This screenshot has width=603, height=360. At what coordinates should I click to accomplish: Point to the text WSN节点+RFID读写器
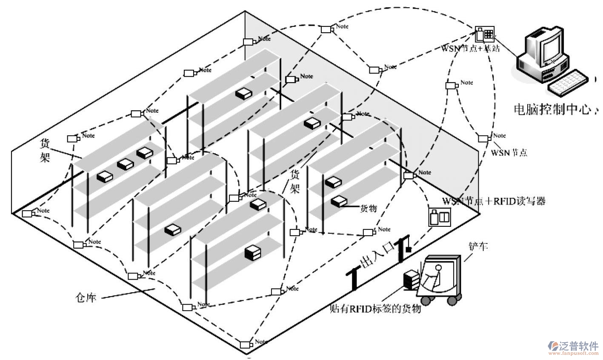tap(494, 201)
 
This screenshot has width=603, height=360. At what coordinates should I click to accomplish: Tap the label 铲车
tap(478, 246)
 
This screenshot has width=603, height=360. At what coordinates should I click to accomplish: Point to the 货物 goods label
tap(369, 209)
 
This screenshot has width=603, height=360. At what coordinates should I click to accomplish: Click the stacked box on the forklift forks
tap(412, 280)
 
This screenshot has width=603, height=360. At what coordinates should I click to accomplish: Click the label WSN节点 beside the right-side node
tap(509, 152)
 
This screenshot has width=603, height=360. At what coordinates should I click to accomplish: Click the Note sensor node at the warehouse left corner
tap(28, 213)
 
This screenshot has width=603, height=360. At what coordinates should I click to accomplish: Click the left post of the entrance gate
tap(353, 279)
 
